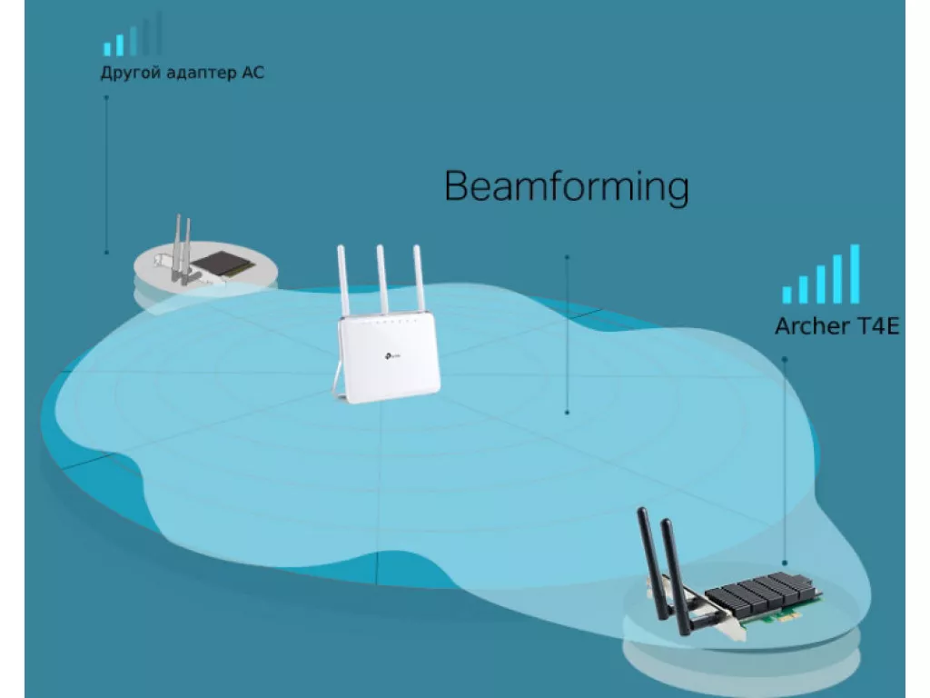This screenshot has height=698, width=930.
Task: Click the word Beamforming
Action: [567, 186]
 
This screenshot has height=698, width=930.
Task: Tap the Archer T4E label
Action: [836, 326]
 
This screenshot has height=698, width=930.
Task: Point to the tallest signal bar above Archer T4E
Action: [855, 274]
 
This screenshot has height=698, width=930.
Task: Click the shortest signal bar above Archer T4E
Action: [787, 294]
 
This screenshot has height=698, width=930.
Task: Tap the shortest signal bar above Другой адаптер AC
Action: [107, 49]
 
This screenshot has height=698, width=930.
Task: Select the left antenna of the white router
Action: [343, 281]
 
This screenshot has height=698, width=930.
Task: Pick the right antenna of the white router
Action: [419, 278]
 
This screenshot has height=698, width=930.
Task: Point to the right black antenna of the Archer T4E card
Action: [675, 575]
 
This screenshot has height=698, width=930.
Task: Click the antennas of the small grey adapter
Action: [182, 248]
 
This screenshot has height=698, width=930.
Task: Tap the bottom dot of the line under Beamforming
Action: [567, 412]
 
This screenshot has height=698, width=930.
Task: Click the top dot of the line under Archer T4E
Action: [785, 359]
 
